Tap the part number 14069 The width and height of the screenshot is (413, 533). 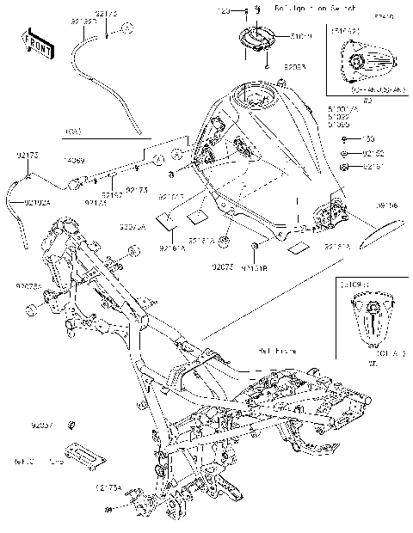click(72, 161)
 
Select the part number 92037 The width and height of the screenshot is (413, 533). click(42, 426)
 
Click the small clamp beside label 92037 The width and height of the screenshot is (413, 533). click(72, 425)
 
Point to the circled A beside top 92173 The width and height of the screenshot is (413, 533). click(126, 29)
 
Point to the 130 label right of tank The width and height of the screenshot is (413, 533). click(368, 139)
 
